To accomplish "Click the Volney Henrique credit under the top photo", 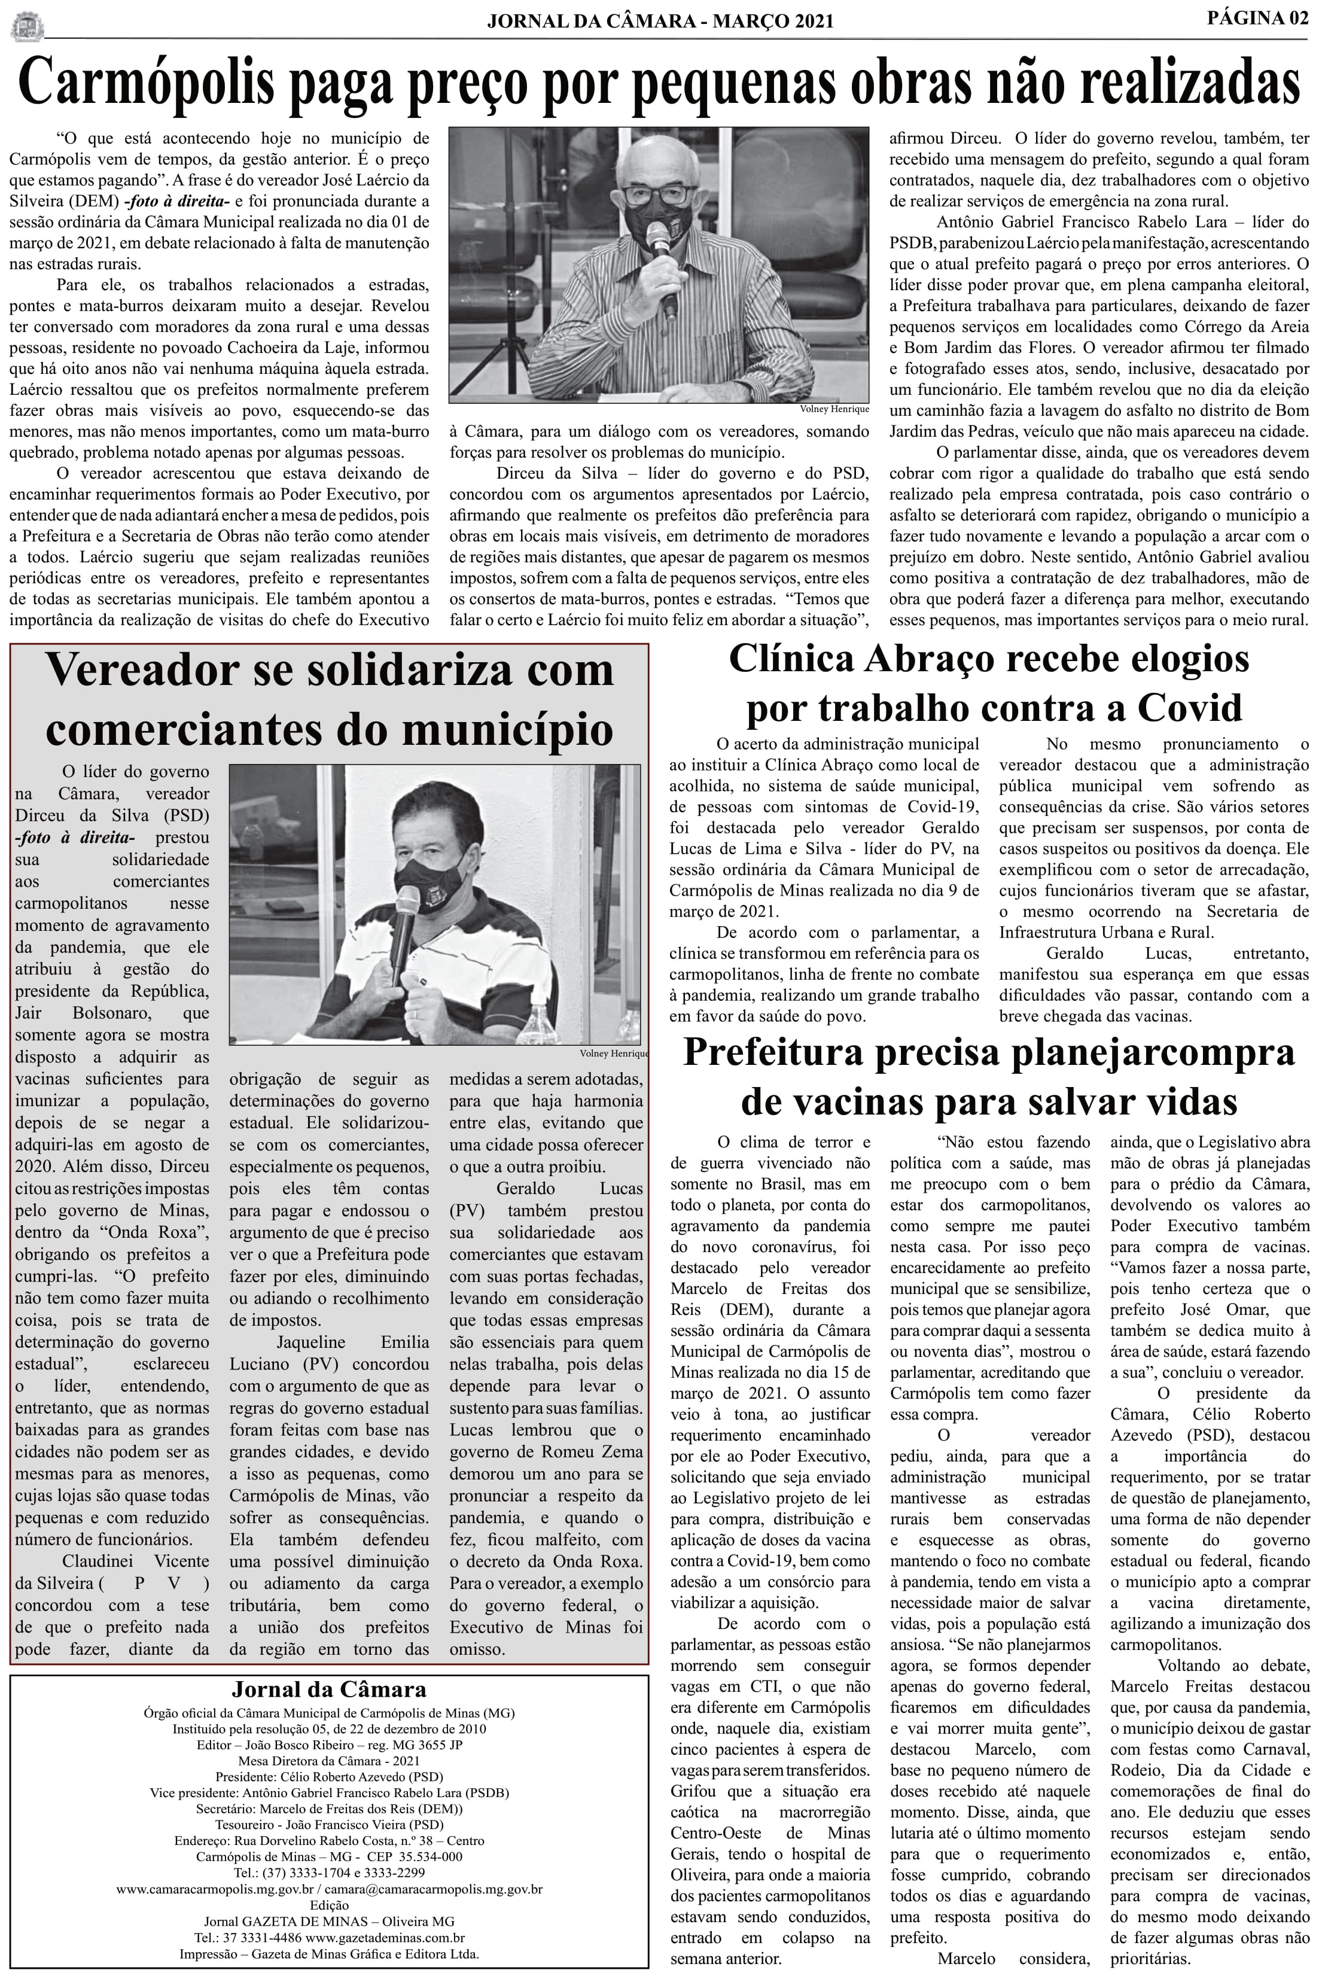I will click(834, 409).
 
